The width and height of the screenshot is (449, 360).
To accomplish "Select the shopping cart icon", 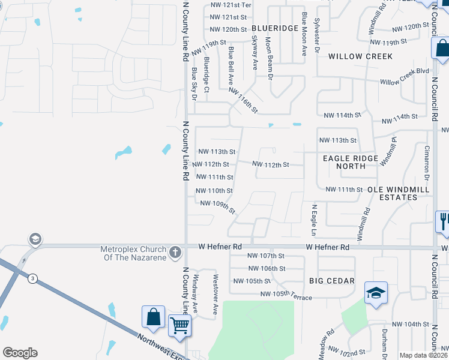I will pos(179,325).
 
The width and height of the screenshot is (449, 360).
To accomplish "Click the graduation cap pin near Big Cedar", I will pos(376,293).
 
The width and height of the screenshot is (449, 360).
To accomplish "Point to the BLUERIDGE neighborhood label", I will pos(275,28).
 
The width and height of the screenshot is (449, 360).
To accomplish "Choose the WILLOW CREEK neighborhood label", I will pos(360,56).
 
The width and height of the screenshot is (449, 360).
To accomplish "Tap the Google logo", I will pos(20,353).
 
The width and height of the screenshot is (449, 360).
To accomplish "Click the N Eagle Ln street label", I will pos(313,220).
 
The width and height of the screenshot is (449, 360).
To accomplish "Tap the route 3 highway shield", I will pos(32,278).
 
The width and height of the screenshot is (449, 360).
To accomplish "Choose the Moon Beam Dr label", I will pos(270,60).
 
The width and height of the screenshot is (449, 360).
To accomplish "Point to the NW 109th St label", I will pos(217,208).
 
